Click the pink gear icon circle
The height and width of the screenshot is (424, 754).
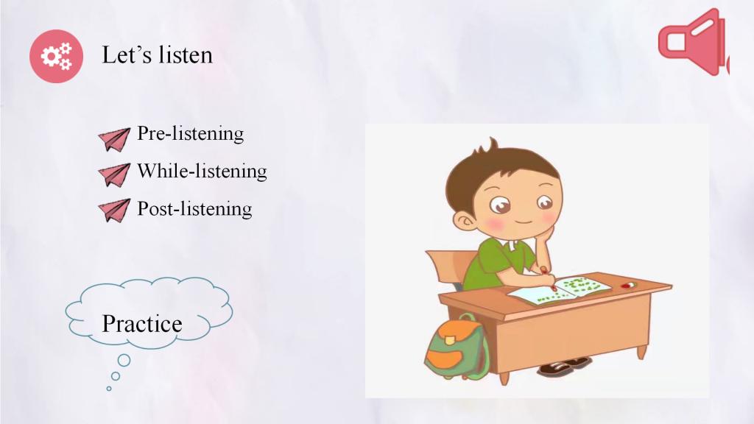pyautogui.click(x=56, y=56)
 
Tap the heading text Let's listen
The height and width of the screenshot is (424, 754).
pyautogui.click(x=158, y=54)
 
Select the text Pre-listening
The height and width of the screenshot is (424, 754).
pyautogui.click(x=191, y=134)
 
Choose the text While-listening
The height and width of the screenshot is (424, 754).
pyautogui.click(x=202, y=171)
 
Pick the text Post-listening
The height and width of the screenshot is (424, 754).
pyautogui.click(x=194, y=208)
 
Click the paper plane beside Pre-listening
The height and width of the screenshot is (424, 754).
pyautogui.click(x=114, y=139)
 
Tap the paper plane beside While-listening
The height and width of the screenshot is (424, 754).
pyautogui.click(x=114, y=174)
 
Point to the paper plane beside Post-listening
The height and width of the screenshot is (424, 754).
pyautogui.click(x=114, y=211)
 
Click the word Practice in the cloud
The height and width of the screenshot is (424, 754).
pyautogui.click(x=142, y=324)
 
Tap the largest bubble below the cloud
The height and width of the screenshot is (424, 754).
pyautogui.click(x=124, y=360)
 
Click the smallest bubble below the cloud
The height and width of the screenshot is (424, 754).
pyautogui.click(x=109, y=389)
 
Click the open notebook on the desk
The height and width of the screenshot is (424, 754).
pyautogui.click(x=560, y=290)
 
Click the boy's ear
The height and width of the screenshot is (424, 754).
pyautogui.click(x=465, y=222)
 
